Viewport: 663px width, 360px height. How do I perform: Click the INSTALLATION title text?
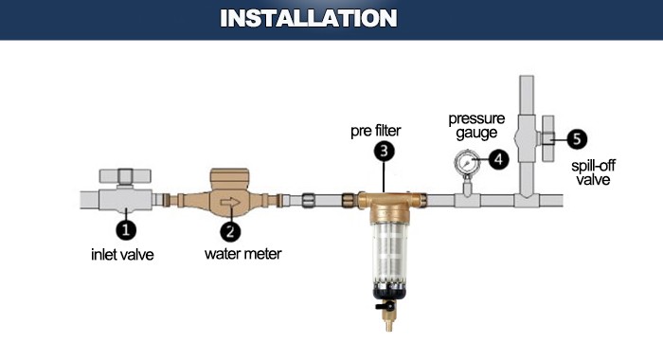point(308,18)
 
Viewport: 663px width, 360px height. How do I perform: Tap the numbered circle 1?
point(126,228)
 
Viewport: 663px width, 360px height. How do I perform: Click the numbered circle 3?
point(384,151)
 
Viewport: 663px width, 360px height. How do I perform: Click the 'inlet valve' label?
point(123,254)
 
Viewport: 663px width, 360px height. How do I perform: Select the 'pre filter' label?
point(377,129)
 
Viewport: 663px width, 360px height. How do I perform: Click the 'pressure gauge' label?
point(476,127)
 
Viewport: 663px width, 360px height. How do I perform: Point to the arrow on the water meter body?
point(228,202)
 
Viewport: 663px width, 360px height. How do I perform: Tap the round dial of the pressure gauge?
point(464,161)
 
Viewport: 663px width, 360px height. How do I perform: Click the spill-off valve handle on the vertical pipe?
point(549,137)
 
